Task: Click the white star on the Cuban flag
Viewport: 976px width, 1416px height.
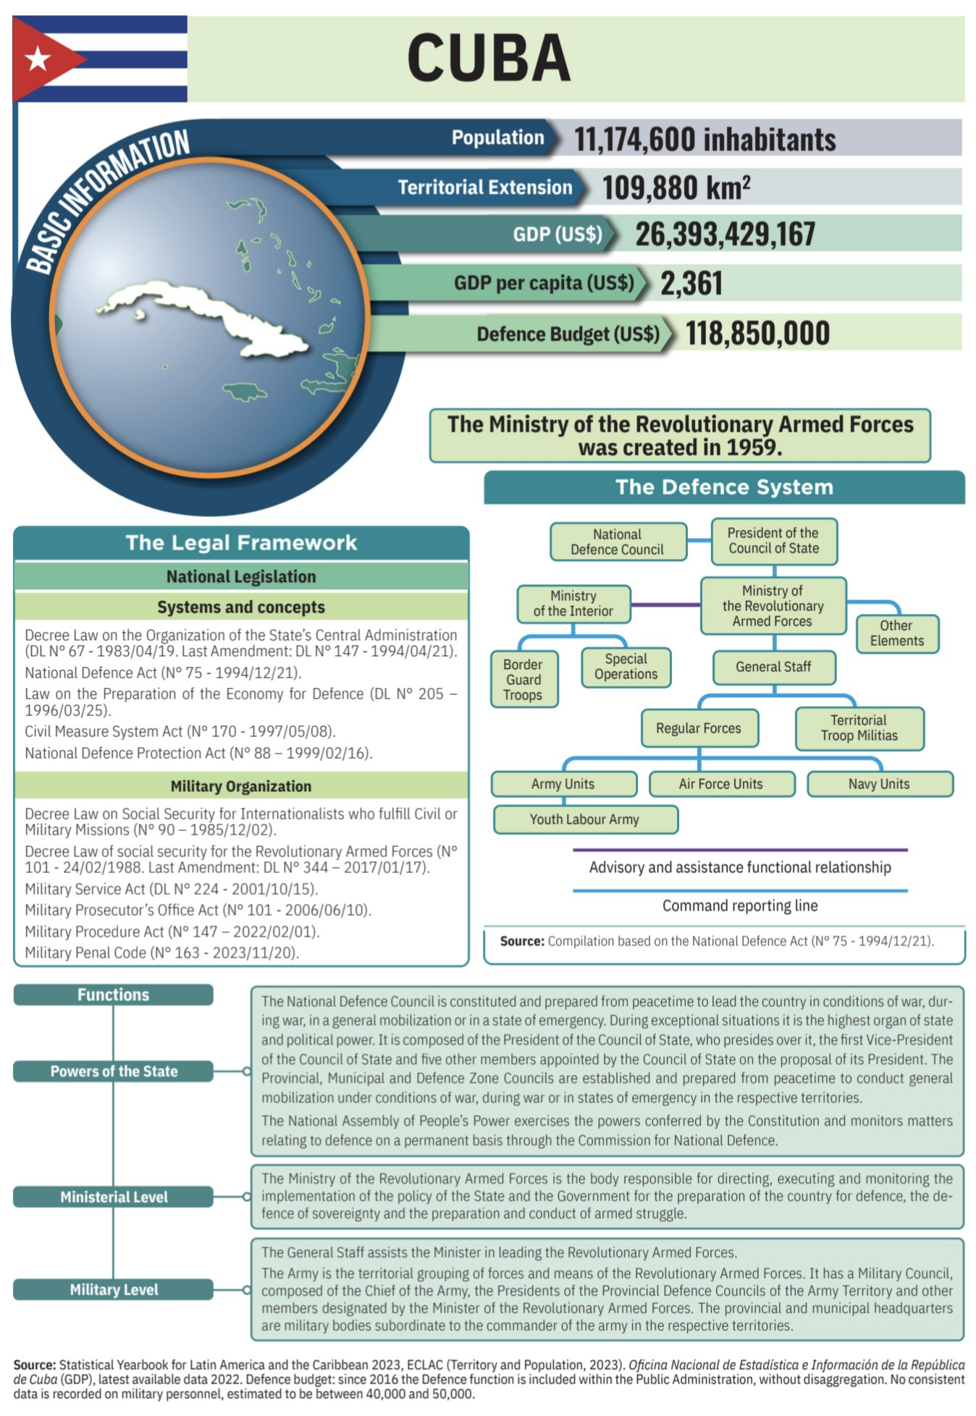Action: click(x=38, y=59)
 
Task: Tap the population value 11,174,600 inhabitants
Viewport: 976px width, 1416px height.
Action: click(x=704, y=139)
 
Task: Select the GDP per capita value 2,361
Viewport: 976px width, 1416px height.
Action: click(x=691, y=283)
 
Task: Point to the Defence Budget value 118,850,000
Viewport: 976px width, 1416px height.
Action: click(x=757, y=334)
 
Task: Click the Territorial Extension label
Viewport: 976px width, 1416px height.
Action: click(x=484, y=187)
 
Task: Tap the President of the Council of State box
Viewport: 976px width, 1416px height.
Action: click(x=773, y=541)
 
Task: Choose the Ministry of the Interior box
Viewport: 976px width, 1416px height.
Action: click(x=573, y=604)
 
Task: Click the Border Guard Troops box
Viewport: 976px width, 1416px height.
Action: click(x=523, y=680)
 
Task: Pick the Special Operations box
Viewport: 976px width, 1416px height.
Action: click(x=626, y=667)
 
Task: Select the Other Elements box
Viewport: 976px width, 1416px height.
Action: click(x=897, y=633)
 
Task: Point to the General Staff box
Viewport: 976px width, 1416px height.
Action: click(x=773, y=667)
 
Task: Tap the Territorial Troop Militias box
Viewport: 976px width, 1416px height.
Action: click(x=859, y=728)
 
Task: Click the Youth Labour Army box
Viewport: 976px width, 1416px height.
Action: click(x=585, y=819)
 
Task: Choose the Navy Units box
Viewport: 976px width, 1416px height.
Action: click(x=879, y=784)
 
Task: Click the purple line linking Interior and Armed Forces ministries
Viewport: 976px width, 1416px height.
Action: click(x=665, y=604)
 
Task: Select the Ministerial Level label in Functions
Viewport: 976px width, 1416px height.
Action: click(x=114, y=1197)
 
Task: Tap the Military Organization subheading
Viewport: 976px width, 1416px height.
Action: click(x=241, y=786)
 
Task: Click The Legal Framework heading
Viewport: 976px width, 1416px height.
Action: click(x=241, y=543)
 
